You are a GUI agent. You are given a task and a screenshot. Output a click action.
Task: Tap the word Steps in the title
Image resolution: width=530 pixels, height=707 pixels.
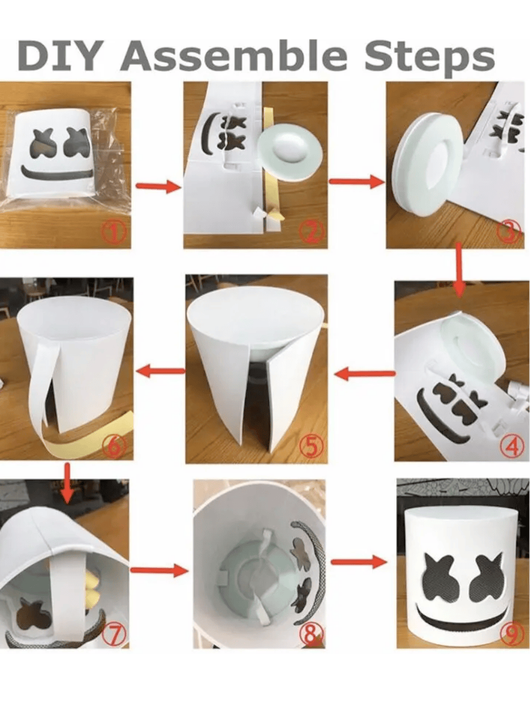428,57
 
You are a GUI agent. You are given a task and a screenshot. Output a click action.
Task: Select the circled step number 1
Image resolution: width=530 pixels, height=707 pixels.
115,234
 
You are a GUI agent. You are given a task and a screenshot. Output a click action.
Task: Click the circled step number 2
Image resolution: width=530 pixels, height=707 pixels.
312,234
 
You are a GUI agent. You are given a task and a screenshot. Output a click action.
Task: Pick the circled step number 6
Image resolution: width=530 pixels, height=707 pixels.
115,447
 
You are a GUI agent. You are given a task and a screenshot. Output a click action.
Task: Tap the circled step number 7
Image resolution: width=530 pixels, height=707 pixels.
115,634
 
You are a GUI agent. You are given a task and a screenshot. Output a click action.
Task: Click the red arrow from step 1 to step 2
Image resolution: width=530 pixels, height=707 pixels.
158,187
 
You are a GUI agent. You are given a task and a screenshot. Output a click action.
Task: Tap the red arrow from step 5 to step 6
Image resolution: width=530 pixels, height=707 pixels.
160,371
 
